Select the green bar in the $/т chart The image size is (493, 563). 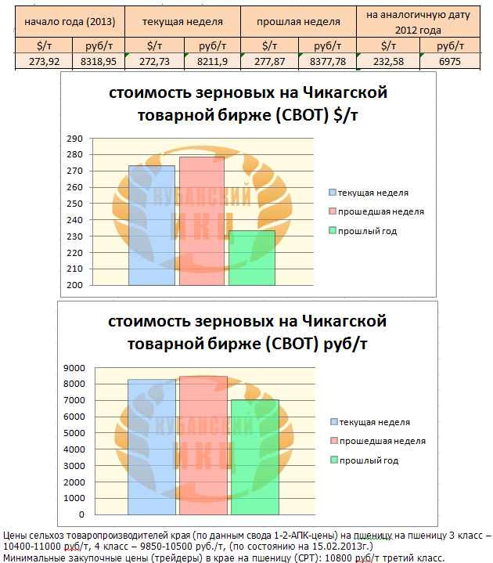coord(251,258)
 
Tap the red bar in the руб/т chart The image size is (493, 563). coord(203,446)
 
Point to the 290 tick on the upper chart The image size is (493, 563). coord(75,139)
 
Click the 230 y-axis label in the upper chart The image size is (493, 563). coord(75,236)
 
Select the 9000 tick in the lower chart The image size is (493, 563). coord(73,367)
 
